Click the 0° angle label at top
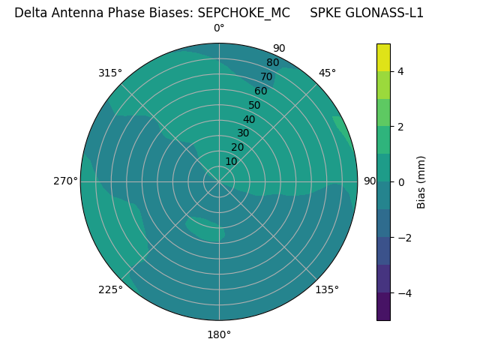tap(219, 28)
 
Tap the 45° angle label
tap(327, 73)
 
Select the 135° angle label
tap(327, 289)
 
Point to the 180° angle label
tap(219, 334)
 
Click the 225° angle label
tap(110, 289)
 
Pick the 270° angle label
tap(65, 181)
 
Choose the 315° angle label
tap(110, 73)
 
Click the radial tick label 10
tap(231, 161)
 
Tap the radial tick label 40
tap(249, 119)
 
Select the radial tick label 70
tap(266, 76)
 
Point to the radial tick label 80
tap(272, 63)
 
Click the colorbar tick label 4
tap(400, 71)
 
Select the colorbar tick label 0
tap(400, 182)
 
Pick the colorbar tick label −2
tap(403, 238)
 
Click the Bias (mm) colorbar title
tap(421, 182)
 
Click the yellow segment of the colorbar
tap(383, 57)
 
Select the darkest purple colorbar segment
tap(383, 307)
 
